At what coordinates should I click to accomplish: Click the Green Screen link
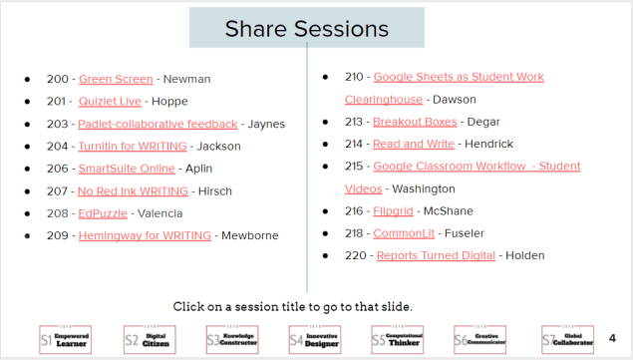click(116, 79)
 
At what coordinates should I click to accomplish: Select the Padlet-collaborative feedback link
click(158, 125)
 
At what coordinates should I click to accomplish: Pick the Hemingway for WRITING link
click(145, 236)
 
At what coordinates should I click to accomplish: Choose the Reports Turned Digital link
click(436, 255)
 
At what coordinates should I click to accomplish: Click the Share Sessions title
click(306, 29)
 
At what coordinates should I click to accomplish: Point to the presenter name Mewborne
click(250, 236)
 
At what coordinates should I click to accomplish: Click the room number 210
click(353, 77)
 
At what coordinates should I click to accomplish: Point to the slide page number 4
click(612, 339)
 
